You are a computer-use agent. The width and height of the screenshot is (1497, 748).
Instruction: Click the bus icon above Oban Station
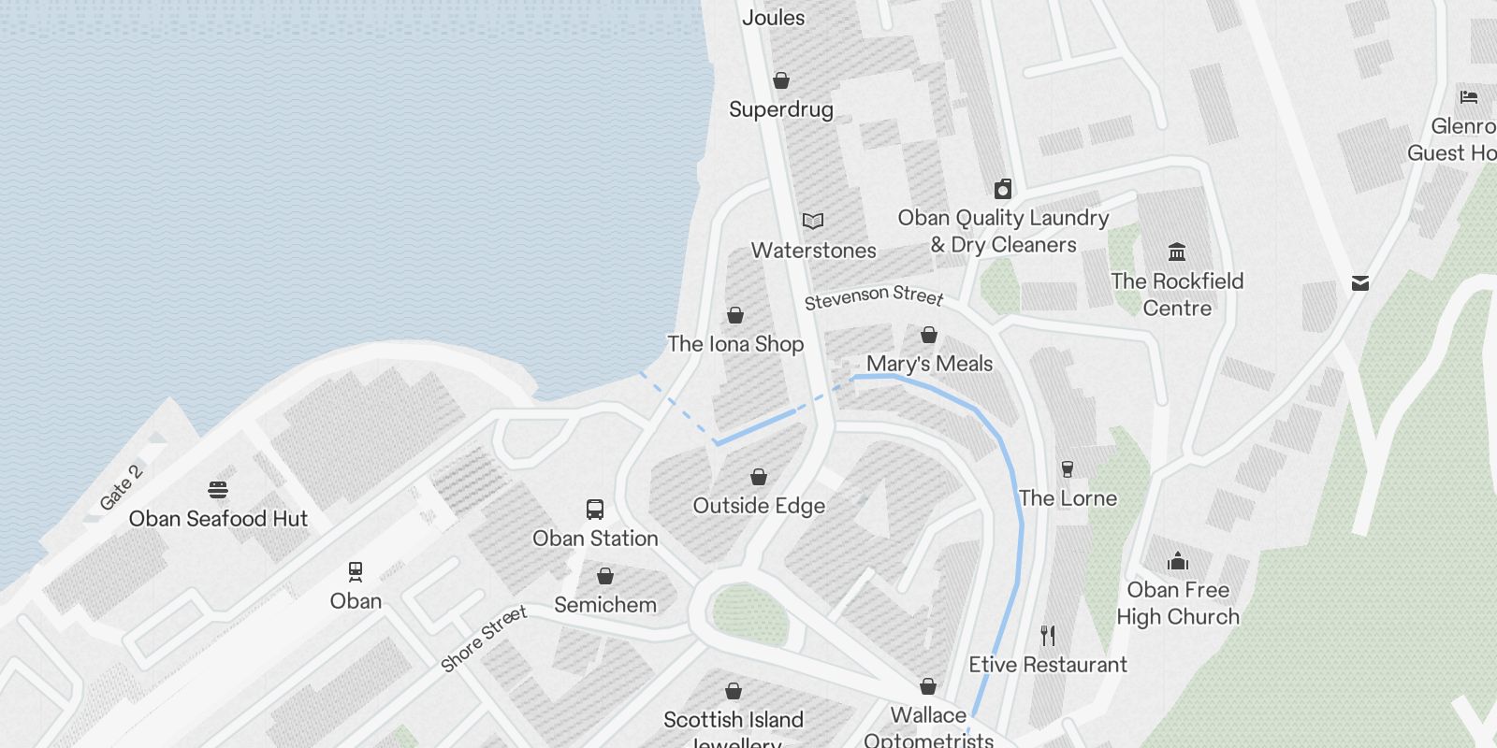pos(595,510)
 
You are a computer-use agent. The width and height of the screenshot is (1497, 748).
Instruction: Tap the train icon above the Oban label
pos(356,571)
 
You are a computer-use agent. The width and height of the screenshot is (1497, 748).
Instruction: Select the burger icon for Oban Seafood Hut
pos(218,490)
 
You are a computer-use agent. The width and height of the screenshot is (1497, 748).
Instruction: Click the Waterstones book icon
pos(813,222)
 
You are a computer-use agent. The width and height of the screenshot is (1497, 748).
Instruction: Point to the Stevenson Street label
pos(874,297)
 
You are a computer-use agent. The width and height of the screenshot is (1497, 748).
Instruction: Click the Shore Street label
pos(484,639)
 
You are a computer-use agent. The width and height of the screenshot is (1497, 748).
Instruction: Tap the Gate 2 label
pos(121,487)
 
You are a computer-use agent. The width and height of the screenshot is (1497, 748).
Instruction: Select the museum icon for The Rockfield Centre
pos(1177,252)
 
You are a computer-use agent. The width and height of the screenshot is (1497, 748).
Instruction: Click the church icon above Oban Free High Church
pos(1177,561)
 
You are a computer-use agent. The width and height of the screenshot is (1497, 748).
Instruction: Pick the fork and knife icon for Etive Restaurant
pos(1048,636)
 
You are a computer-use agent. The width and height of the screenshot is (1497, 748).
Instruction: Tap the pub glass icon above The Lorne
pos(1068,469)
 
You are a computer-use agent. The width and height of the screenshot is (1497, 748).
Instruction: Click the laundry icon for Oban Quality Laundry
pos(1003,190)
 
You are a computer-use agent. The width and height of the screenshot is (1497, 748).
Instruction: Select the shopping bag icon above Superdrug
pos(781,81)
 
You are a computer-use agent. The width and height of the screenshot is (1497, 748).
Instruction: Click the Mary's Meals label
pos(929,364)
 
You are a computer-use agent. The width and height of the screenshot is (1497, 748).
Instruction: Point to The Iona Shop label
pos(735,344)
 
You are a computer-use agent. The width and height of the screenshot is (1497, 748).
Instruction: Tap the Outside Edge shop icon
pos(759,477)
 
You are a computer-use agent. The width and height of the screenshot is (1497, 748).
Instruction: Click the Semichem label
pos(605,605)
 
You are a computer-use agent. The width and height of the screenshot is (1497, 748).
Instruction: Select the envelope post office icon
pos(1360,283)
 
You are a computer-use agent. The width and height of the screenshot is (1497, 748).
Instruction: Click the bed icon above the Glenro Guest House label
pos(1468,97)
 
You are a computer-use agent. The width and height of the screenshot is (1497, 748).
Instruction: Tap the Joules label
pos(773,17)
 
